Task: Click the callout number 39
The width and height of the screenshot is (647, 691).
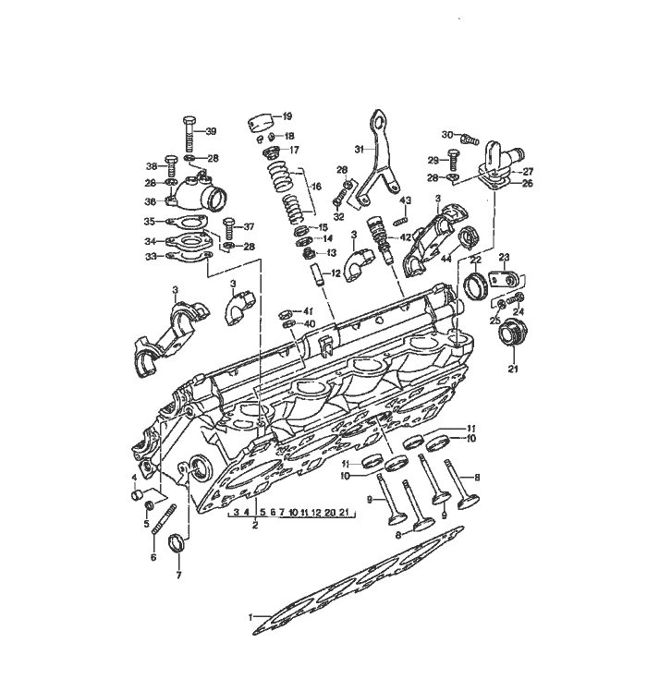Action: click(x=211, y=131)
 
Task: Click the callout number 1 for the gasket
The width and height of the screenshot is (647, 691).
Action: click(x=250, y=616)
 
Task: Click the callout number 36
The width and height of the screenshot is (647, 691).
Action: click(x=150, y=201)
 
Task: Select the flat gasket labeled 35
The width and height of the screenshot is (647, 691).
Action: click(x=189, y=222)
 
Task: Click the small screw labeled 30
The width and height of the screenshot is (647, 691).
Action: click(x=470, y=139)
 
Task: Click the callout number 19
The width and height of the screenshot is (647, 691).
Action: click(x=287, y=116)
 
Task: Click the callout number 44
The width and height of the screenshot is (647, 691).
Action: click(x=446, y=258)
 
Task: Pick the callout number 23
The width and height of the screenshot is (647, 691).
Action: click(x=505, y=257)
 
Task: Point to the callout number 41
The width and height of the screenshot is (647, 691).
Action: click(x=309, y=310)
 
